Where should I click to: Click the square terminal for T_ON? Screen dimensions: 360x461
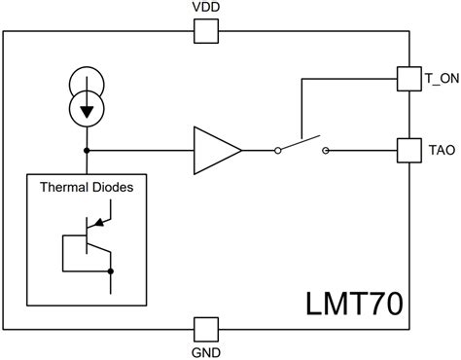[x=408, y=77]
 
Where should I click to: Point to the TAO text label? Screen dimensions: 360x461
[x=441, y=152]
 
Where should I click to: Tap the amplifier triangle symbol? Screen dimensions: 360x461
[x=215, y=150]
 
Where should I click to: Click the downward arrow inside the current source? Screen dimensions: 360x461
[x=89, y=110]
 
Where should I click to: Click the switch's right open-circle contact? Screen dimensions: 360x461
[x=324, y=150]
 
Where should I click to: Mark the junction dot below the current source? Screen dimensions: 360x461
[x=89, y=150]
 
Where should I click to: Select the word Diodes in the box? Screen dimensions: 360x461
[x=114, y=187]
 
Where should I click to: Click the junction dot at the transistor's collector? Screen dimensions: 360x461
[x=111, y=271]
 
